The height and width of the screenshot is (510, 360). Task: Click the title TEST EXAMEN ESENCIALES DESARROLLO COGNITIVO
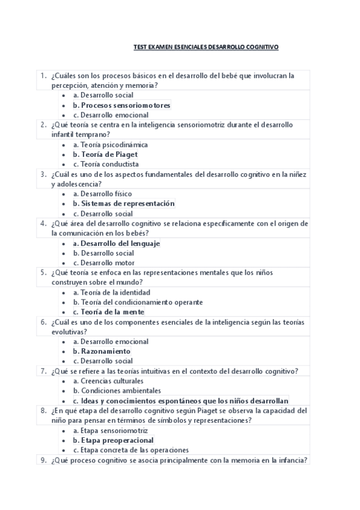point(206,46)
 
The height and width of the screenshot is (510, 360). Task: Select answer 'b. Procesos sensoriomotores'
point(121,105)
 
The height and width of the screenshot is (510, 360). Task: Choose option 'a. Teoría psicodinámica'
point(110,145)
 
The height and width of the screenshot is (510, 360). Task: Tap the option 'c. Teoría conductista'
point(106,164)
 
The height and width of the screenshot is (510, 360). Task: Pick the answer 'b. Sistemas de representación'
point(123,204)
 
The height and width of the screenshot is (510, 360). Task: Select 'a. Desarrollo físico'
point(102,194)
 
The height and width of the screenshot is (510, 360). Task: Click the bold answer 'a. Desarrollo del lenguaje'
point(116,244)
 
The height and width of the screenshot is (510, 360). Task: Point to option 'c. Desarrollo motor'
point(103,263)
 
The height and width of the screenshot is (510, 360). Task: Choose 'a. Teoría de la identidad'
point(112,293)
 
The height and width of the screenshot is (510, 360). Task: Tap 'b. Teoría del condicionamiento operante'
point(138,303)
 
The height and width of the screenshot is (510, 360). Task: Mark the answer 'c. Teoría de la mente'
point(108,312)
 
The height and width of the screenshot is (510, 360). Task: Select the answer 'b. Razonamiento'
point(102,351)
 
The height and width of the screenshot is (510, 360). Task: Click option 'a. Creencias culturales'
point(108,381)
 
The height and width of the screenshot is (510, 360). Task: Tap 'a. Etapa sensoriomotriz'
point(110,431)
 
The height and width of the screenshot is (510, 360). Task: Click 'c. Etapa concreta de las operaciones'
point(131,450)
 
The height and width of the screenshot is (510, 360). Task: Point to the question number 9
point(44,460)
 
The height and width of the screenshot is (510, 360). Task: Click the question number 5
point(44,272)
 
